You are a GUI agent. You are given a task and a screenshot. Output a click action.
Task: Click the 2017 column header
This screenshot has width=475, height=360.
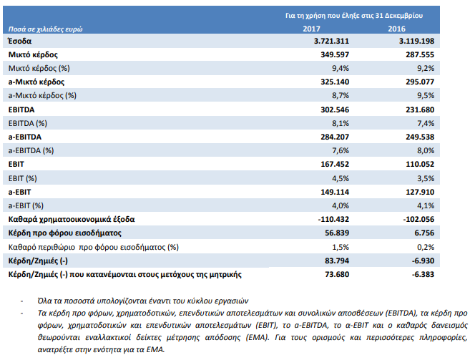[311, 29]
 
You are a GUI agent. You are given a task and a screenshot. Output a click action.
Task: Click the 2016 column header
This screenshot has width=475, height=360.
[396, 29]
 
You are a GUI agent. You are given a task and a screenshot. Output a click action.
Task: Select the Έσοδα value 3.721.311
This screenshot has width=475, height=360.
[331, 41]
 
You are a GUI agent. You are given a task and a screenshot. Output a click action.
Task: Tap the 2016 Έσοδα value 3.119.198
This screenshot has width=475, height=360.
[416, 41]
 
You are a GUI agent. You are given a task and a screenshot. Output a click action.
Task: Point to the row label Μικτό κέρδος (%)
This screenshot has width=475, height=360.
[39, 68]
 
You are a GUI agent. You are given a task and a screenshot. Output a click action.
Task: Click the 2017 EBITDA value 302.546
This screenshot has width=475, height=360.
[335, 110]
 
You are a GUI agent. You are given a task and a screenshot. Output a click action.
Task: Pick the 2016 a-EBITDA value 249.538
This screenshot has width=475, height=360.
[420, 137]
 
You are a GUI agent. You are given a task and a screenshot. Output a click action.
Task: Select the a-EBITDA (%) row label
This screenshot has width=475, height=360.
[31, 150]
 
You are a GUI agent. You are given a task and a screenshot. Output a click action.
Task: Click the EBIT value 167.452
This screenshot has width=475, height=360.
[335, 164]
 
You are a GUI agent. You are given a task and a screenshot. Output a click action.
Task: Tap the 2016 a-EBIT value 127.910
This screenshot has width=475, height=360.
[420, 192]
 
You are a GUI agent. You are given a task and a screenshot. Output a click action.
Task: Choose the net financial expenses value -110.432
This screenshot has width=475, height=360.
[333, 219]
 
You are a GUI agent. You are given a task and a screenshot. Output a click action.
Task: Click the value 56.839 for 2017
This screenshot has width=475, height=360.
[337, 233]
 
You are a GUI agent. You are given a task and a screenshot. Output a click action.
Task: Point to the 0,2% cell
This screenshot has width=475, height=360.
[426, 247]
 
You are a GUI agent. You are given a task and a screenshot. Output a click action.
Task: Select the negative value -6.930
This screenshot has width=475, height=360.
[423, 261]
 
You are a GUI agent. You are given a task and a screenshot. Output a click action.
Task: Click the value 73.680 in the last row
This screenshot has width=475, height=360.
[337, 274]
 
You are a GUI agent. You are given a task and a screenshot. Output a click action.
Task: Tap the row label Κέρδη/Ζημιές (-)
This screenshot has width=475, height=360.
[38, 261]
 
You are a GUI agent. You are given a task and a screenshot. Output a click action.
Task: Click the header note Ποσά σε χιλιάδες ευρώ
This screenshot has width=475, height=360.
[46, 29]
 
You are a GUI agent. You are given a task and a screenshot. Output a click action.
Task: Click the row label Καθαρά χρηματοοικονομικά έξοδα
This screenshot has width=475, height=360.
[72, 220]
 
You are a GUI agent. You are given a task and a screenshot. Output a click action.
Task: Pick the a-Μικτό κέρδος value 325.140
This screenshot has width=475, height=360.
[335, 82]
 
